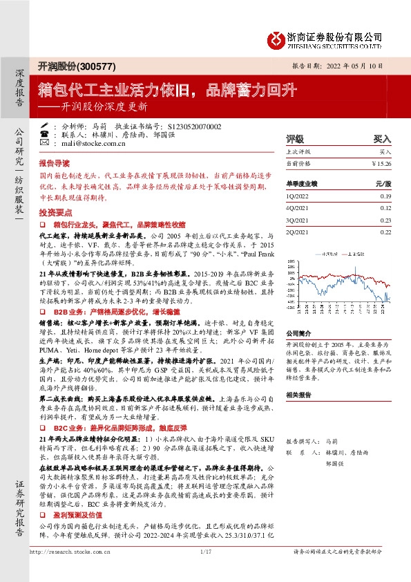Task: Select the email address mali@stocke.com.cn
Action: click(x=91, y=144)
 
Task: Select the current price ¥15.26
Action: click(x=381, y=164)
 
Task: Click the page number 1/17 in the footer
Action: click(x=204, y=570)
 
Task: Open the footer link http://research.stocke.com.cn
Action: click(x=71, y=570)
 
